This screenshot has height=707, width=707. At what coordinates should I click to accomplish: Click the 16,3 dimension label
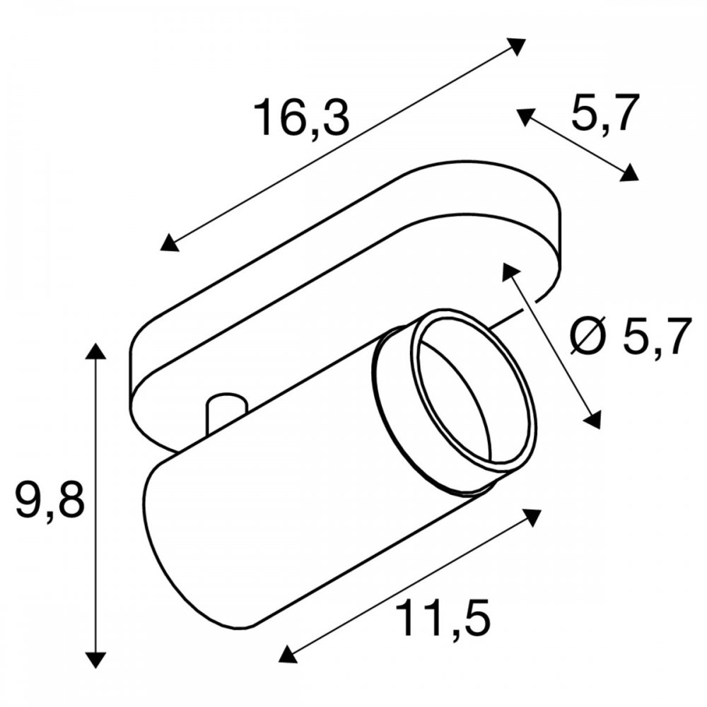302,117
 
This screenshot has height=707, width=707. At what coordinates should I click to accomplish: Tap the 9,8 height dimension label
50,500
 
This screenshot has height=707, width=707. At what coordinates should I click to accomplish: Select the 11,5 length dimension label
444,618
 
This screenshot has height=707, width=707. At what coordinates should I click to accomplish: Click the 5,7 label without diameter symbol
605,112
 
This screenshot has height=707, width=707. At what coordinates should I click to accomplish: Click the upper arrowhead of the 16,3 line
516,46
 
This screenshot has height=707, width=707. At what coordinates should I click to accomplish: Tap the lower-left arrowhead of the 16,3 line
170,242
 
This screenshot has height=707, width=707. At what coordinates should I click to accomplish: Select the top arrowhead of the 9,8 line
95,351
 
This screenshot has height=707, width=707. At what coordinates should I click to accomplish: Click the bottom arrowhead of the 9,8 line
95,659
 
